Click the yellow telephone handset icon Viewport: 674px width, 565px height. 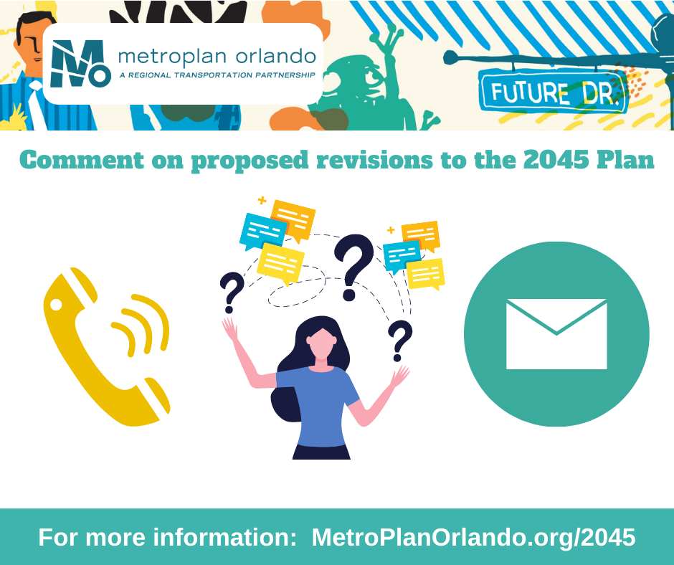[x=86, y=357]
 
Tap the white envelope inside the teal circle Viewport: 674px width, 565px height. [x=556, y=334]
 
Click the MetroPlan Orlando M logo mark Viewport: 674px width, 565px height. [x=80, y=64]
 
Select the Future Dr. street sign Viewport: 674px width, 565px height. [x=552, y=91]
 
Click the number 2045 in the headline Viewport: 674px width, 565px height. [x=556, y=161]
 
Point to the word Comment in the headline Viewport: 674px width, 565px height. [x=82, y=161]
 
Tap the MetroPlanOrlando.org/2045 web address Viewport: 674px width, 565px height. [x=473, y=537]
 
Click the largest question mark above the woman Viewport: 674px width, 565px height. [x=353, y=267]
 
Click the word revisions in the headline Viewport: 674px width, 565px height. [x=374, y=161]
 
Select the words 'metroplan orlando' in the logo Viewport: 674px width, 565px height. [x=217, y=57]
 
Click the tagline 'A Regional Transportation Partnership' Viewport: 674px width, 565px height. [x=217, y=75]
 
